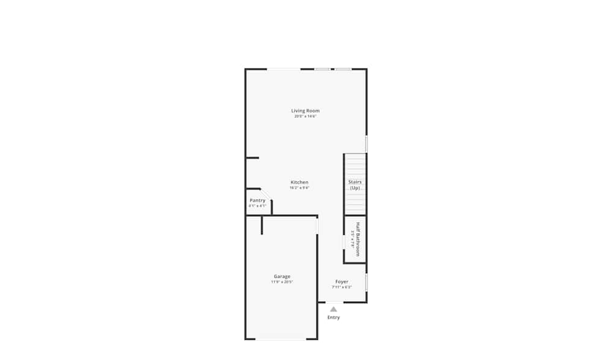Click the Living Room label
[305, 111]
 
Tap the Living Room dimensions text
[305, 116]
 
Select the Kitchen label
[299, 182]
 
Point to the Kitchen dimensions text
[299, 188]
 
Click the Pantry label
[258, 200]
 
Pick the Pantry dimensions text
[257, 206]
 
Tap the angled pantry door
[266, 195]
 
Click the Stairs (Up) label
[355, 185]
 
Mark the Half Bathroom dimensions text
[353, 239]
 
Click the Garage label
[282, 277]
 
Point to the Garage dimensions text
[282, 282]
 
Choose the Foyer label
[341, 282]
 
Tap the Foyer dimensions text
[341, 287]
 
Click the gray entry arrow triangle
[334, 309]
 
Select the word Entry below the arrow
[334, 317]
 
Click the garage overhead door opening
[281, 339]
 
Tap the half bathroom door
[344, 242]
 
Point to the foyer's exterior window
[366, 282]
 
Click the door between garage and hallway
[317, 225]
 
